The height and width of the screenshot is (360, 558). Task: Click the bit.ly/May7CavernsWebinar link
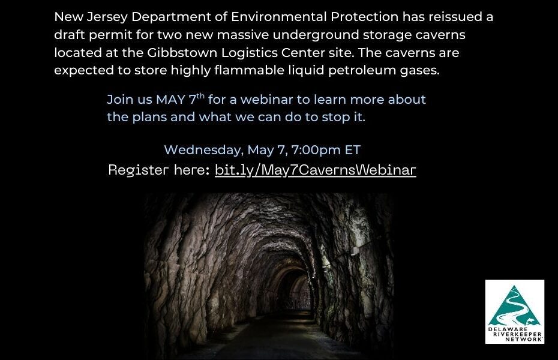pyautogui.click(x=315, y=170)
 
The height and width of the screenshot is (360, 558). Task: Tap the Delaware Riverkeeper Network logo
pyautogui.click(x=515, y=311)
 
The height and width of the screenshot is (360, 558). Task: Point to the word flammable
pyautogui.click(x=248, y=70)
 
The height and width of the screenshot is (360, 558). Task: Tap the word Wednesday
pyautogui.click(x=203, y=150)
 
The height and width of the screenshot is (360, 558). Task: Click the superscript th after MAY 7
pyautogui.click(x=201, y=95)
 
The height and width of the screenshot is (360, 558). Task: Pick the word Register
pyautogui.click(x=139, y=170)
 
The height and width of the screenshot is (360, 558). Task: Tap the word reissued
pyautogui.click(x=455, y=17)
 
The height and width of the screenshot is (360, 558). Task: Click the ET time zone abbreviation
pyautogui.click(x=353, y=150)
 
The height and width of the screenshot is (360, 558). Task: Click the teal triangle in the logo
pyautogui.click(x=515, y=306)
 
